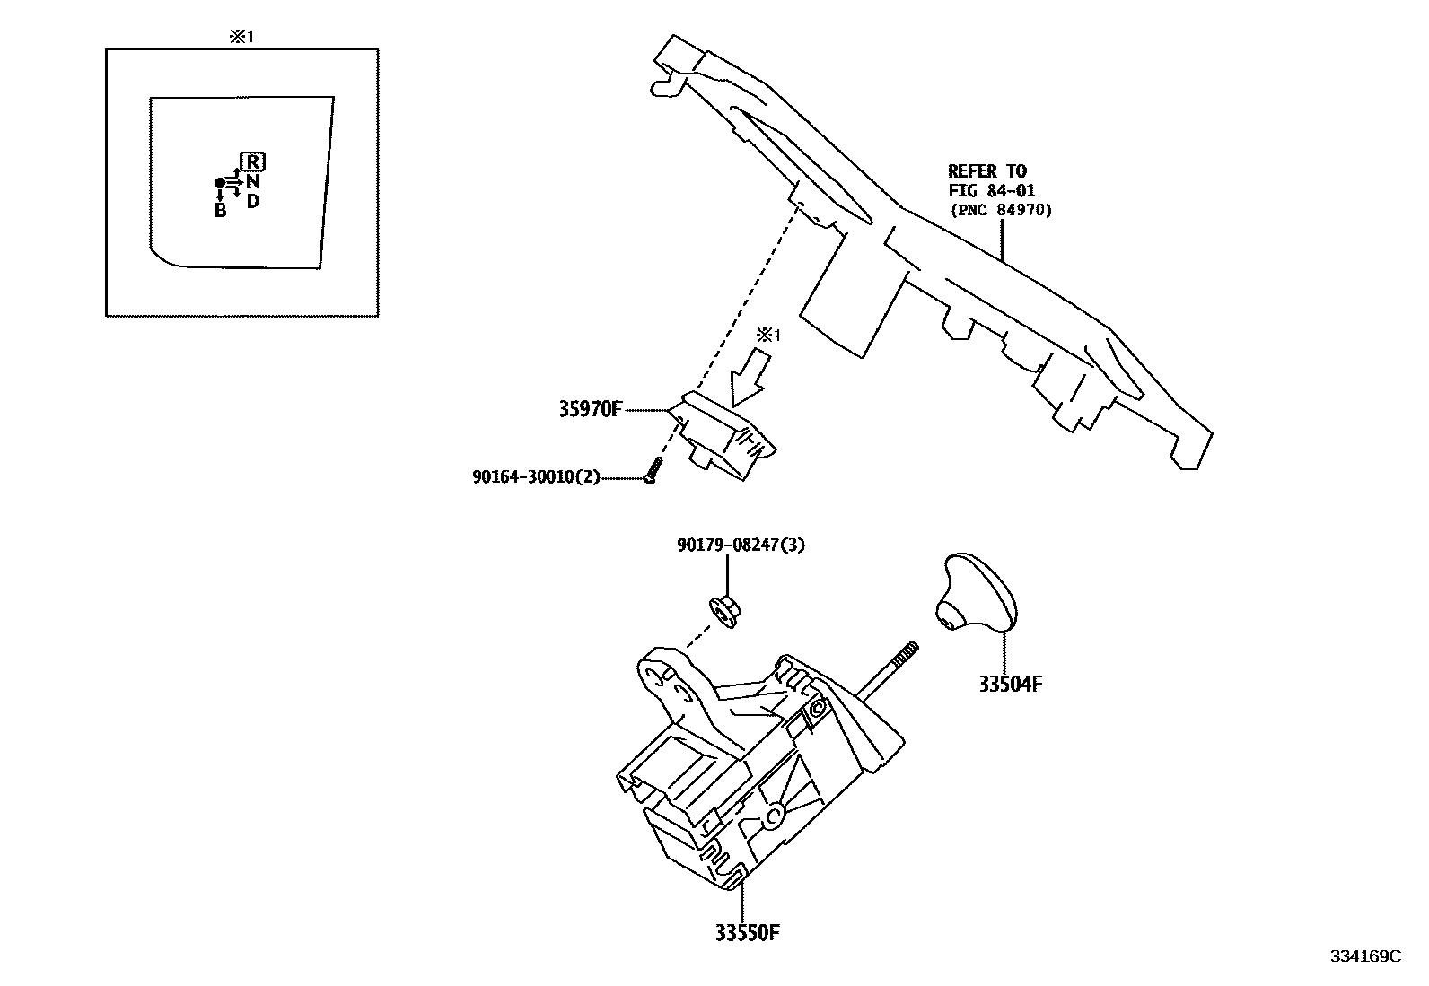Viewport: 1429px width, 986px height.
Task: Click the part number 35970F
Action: pos(590,410)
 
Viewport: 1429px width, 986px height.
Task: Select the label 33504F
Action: pos(1011,684)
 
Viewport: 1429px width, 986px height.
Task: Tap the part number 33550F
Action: pos(747,933)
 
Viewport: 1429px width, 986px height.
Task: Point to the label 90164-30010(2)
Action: pos(536,477)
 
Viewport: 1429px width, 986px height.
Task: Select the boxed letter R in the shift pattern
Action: pos(254,162)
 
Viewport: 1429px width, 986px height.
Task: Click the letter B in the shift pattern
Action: pos(220,211)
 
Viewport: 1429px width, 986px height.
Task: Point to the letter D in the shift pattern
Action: pos(253,200)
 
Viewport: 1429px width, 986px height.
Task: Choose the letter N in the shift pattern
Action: pos(254,182)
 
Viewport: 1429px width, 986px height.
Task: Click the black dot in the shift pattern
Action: pos(219,183)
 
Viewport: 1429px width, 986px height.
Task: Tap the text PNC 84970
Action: pos(1001,210)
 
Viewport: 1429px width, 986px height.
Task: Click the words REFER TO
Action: pos(987,170)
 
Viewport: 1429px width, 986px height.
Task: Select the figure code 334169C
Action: pos(1365,956)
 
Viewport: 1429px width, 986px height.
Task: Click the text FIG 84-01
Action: pos(992,190)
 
